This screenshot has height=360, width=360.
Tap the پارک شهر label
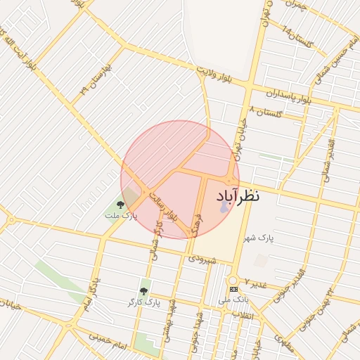click(259, 238)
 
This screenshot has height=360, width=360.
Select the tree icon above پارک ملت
click(120, 205)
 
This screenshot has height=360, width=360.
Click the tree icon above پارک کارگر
click(143, 291)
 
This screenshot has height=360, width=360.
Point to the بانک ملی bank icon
click(233, 289)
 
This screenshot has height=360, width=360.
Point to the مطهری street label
click(285, 344)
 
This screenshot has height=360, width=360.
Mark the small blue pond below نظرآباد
click(224, 208)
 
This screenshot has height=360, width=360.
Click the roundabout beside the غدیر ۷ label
click(233, 278)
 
